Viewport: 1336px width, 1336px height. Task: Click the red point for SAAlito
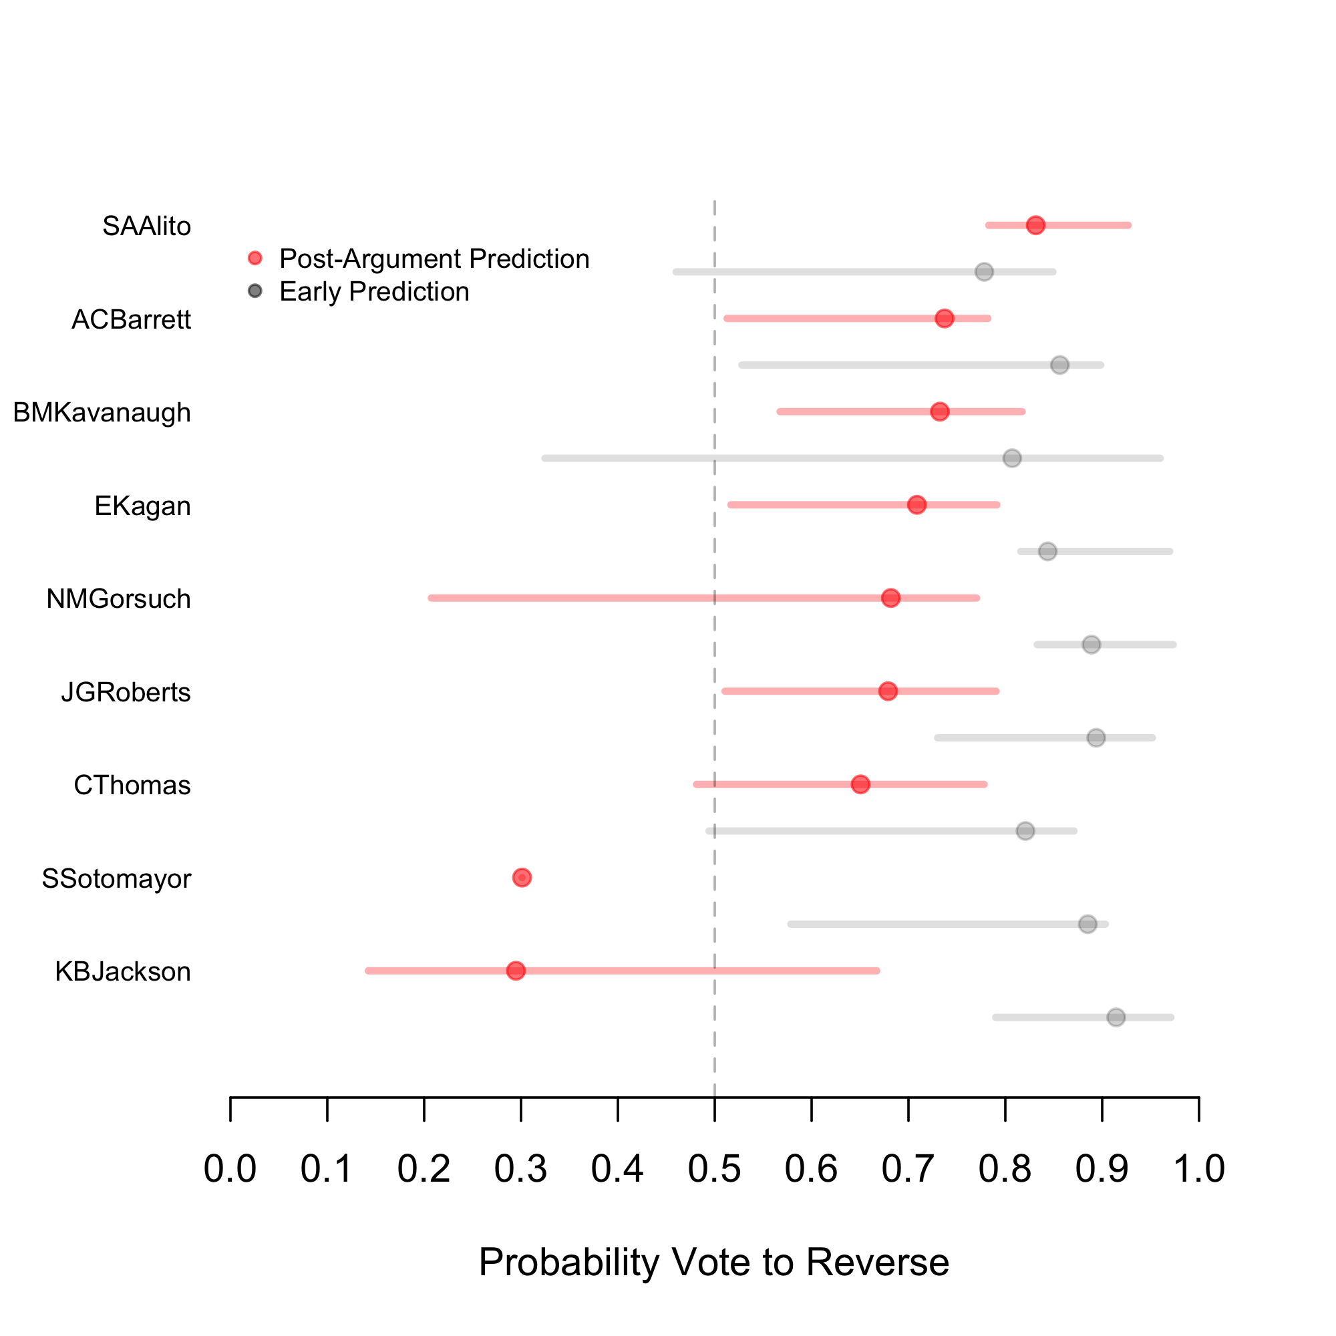tap(1035, 225)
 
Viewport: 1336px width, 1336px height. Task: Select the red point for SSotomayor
tap(522, 878)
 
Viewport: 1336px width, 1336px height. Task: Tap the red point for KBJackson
tap(516, 971)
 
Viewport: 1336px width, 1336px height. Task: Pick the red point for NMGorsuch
tap(890, 598)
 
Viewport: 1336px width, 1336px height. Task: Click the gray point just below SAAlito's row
tap(984, 272)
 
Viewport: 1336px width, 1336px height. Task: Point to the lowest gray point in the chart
tap(1116, 1017)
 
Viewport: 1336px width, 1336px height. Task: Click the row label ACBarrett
tap(132, 319)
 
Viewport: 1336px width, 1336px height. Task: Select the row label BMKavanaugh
tap(102, 413)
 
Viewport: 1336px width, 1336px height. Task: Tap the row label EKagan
tap(142, 506)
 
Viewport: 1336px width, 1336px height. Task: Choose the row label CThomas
tap(132, 786)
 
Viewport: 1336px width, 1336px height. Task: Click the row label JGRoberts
tap(126, 692)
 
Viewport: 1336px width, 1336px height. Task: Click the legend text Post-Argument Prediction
tap(434, 259)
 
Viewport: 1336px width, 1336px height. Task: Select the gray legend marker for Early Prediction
tap(255, 291)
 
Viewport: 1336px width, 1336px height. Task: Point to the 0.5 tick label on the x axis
tap(714, 1168)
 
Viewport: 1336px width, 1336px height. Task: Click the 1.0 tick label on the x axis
tap(1199, 1168)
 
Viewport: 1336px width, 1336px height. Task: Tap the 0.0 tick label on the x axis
tap(230, 1168)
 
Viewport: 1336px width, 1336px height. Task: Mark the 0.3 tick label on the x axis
tap(521, 1168)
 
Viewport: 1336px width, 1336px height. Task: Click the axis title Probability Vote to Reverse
tap(713, 1262)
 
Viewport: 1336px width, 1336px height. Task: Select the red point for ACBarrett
tap(945, 319)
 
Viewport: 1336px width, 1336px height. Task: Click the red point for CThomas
tap(860, 784)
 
